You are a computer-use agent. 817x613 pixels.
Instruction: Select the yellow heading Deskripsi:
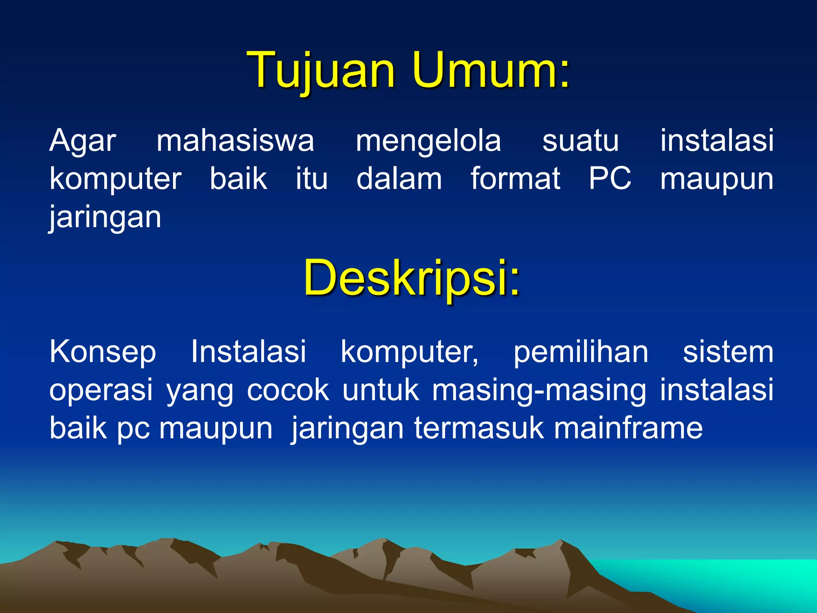[x=412, y=278]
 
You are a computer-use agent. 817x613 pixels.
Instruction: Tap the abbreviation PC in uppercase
[x=610, y=178]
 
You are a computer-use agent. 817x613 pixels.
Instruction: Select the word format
[x=515, y=178]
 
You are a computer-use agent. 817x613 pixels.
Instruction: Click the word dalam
[x=399, y=178]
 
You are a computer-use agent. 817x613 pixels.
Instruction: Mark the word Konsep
[x=103, y=352]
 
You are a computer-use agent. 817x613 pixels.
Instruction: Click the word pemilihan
[x=581, y=352]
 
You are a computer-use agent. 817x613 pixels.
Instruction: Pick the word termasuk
[x=479, y=428]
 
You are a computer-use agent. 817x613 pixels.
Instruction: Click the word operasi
[x=101, y=390]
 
